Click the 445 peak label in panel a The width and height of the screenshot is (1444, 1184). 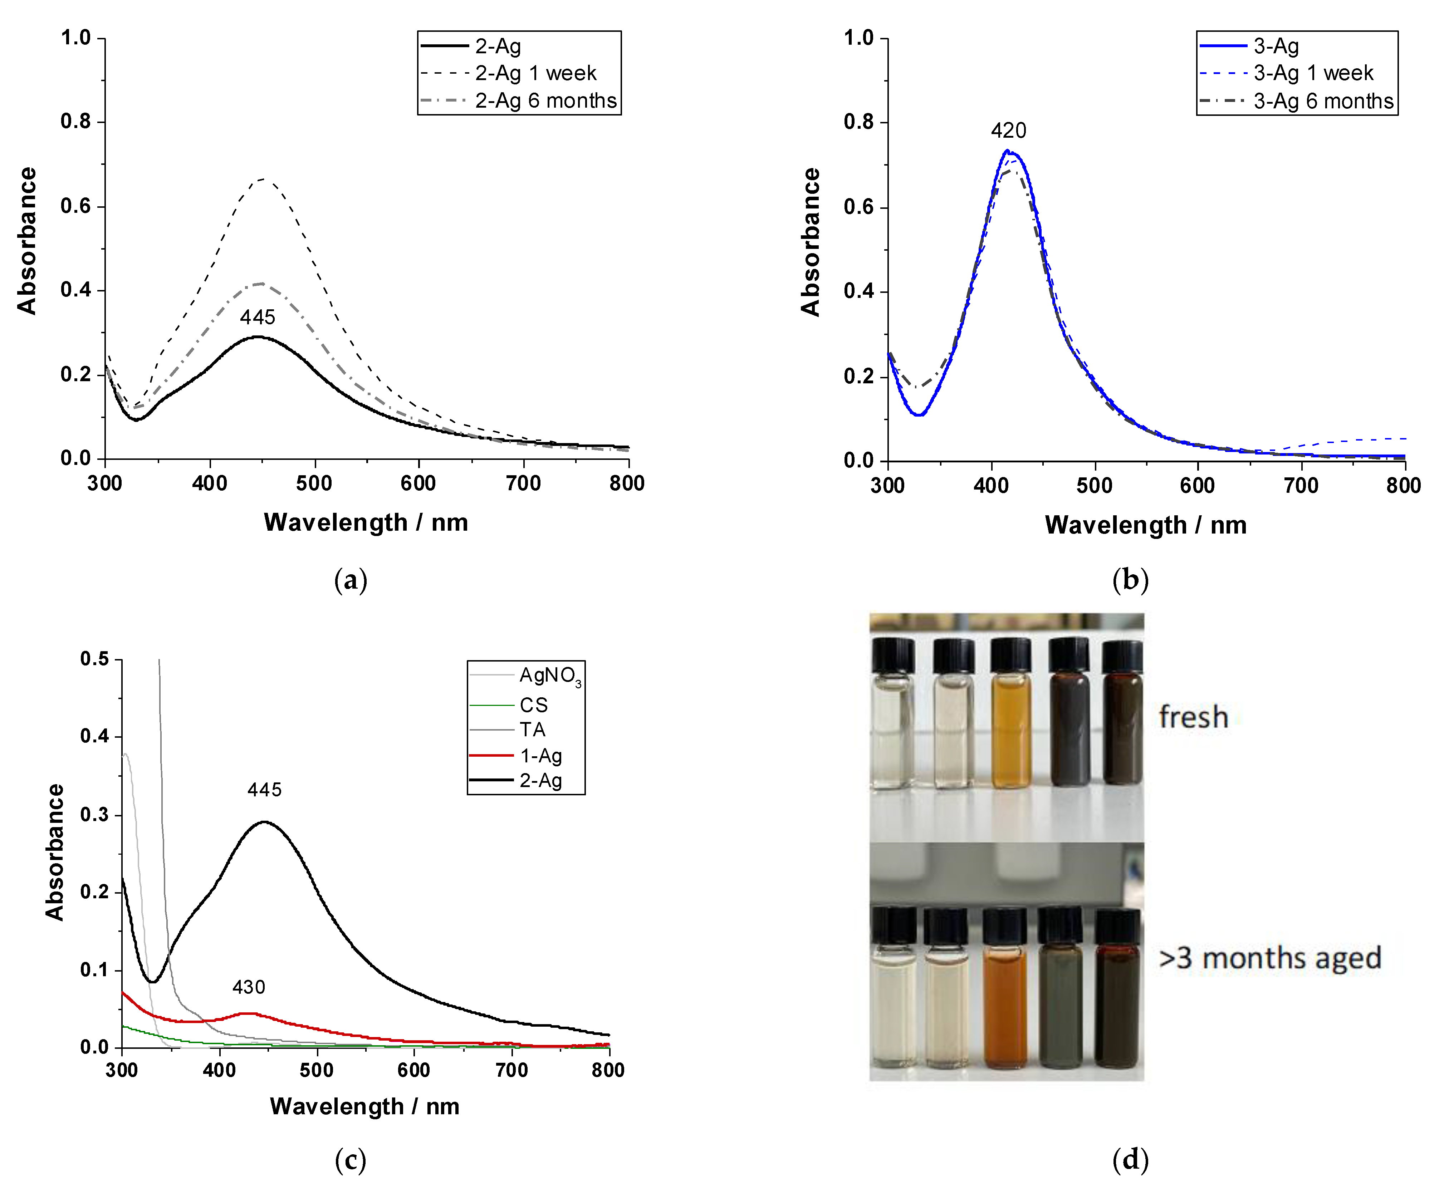[257, 317]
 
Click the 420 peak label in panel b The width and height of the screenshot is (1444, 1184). [1008, 130]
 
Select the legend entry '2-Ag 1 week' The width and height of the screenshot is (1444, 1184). [535, 73]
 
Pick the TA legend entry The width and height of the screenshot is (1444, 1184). [532, 730]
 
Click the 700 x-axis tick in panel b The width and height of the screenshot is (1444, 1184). [1301, 486]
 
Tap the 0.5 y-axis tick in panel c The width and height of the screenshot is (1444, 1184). [94, 659]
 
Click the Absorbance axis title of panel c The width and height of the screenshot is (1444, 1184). [55, 853]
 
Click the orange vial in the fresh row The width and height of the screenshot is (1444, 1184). [1011, 730]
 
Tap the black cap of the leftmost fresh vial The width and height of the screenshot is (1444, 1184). [893, 655]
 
